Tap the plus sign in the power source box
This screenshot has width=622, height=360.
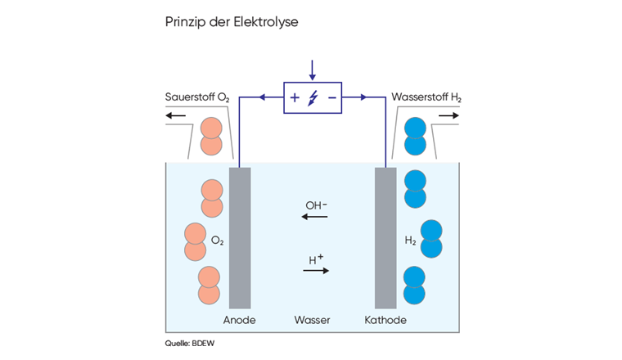tap(295, 98)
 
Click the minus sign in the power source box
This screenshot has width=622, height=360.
tap(331, 98)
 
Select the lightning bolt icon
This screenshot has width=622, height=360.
tap(313, 98)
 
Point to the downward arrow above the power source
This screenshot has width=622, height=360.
tap(312, 70)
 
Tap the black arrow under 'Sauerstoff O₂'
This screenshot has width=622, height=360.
tap(176, 116)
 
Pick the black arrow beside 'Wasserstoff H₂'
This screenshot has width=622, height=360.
tap(449, 116)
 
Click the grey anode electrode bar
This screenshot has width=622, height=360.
tap(240, 237)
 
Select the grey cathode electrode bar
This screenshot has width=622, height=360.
tap(385, 237)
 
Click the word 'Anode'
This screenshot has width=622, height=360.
tap(240, 320)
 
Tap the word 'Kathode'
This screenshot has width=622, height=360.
tap(385, 320)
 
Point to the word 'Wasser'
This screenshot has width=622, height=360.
tap(312, 320)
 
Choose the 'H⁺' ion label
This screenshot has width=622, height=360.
tap(316, 260)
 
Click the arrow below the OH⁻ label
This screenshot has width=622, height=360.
tap(314, 217)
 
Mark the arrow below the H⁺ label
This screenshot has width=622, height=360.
tap(316, 271)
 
